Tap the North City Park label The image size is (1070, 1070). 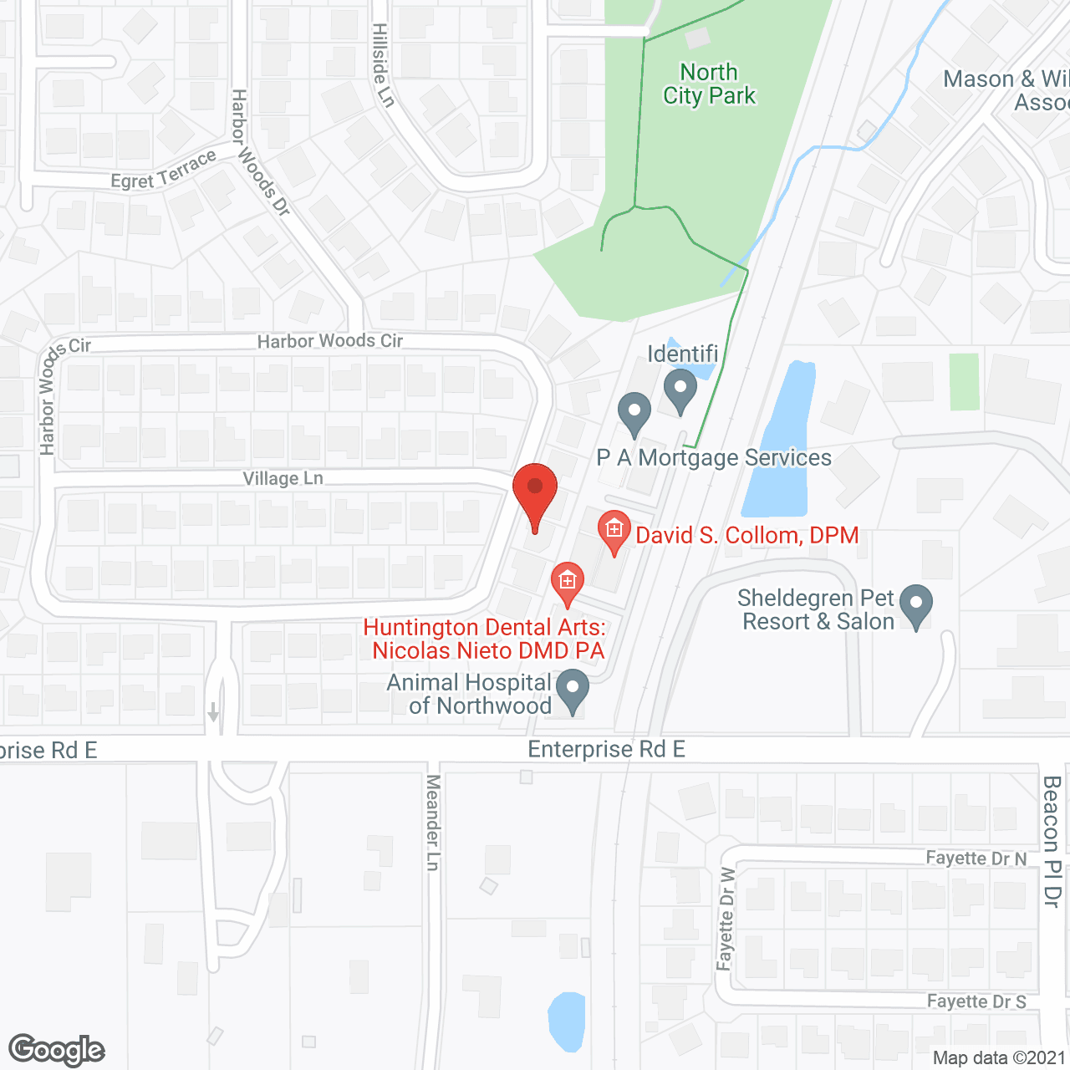(x=709, y=84)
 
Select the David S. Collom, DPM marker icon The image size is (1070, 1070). (x=614, y=530)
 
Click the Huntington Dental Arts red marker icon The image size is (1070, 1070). (x=568, y=581)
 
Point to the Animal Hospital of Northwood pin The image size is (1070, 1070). (x=573, y=690)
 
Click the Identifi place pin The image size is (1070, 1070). (x=680, y=390)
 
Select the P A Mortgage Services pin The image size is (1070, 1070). (x=634, y=412)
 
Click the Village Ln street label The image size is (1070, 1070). (x=283, y=478)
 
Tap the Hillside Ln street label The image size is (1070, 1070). (x=383, y=65)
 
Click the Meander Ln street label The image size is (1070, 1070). (x=433, y=823)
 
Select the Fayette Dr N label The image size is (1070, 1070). (x=976, y=859)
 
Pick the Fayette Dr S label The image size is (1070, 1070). (x=976, y=1001)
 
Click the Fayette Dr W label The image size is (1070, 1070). (x=726, y=920)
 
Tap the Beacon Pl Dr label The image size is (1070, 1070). (x=1052, y=841)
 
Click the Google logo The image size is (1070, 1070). (x=57, y=1050)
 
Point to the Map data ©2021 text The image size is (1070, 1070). (x=999, y=1058)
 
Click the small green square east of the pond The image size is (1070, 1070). (x=965, y=382)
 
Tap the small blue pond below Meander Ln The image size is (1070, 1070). (x=566, y=1021)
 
